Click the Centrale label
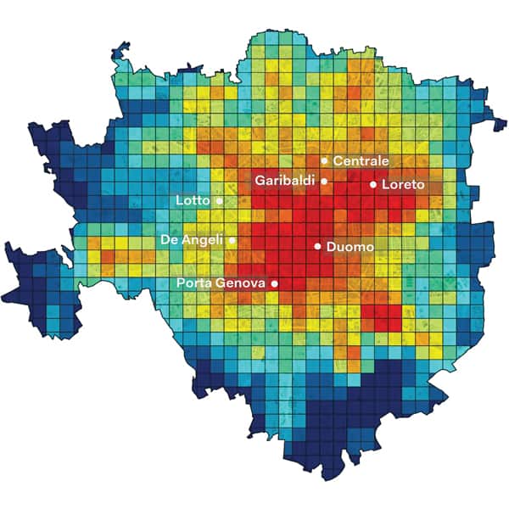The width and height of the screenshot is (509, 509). pyautogui.click(x=361, y=160)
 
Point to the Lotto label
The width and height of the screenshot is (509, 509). pyautogui.click(x=193, y=201)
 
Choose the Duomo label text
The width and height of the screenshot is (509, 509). pyautogui.click(x=350, y=247)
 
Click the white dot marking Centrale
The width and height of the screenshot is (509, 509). pyautogui.click(x=324, y=160)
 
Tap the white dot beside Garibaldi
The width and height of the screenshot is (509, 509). pyautogui.click(x=324, y=181)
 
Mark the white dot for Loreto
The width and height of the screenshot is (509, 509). pyautogui.click(x=372, y=184)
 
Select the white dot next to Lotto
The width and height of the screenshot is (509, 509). pyautogui.click(x=219, y=201)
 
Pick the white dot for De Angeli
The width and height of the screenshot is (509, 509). pyautogui.click(x=232, y=240)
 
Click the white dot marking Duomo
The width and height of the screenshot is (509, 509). pyautogui.click(x=317, y=246)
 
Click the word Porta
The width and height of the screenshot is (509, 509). pyautogui.click(x=194, y=282)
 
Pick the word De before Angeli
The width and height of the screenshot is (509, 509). pyautogui.click(x=169, y=240)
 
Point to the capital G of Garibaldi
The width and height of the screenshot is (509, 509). pyautogui.click(x=260, y=181)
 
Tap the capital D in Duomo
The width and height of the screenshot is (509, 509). pyautogui.click(x=331, y=247)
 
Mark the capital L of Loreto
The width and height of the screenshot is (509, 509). pyautogui.click(x=385, y=184)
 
